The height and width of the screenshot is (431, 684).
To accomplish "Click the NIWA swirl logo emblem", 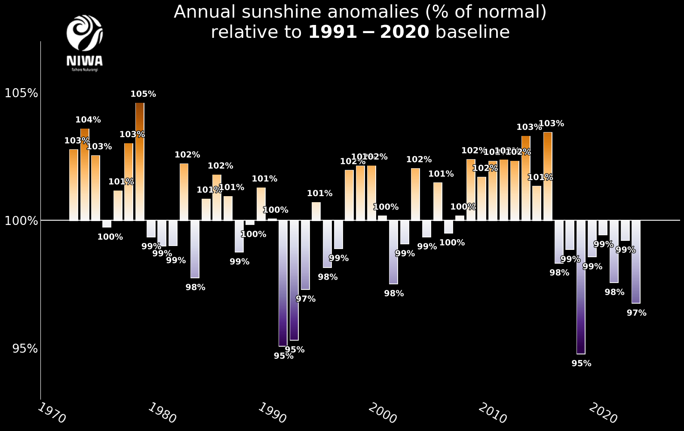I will (85, 33).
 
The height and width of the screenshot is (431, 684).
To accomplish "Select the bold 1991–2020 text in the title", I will (368, 32).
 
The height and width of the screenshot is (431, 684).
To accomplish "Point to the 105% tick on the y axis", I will (21, 93).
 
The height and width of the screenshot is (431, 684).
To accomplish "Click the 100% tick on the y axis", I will (21, 221).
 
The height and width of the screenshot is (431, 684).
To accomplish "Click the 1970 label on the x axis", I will (52, 413).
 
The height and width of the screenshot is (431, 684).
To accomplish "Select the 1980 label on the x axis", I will (162, 413).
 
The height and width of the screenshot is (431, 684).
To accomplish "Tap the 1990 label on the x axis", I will (272, 413).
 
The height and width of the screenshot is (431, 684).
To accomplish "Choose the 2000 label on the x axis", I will (382, 413).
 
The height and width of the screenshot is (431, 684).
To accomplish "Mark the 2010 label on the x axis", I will (493, 413).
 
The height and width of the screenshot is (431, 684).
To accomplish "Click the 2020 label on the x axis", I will (603, 413).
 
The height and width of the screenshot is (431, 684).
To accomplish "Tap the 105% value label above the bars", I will (143, 94).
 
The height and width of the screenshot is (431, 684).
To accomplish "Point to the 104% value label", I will (88, 120).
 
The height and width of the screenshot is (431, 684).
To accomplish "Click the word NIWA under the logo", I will (85, 61).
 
